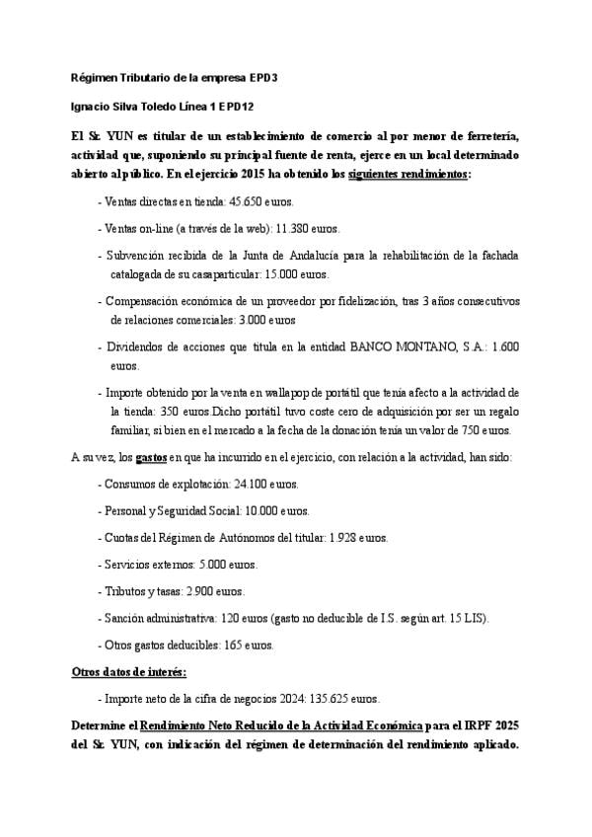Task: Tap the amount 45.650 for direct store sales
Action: coord(247,201)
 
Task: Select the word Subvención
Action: coord(137,256)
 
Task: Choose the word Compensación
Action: coord(144,300)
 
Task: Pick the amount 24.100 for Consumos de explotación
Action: coord(252,485)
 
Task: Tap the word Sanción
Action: coord(124,618)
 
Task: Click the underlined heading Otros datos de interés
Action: coord(128,672)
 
